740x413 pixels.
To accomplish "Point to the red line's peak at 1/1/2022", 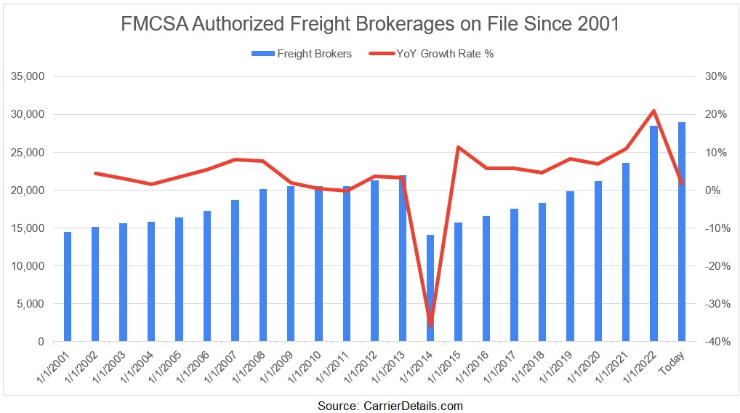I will [x=654, y=111].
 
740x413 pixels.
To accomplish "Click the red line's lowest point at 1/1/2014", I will [x=430, y=325].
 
